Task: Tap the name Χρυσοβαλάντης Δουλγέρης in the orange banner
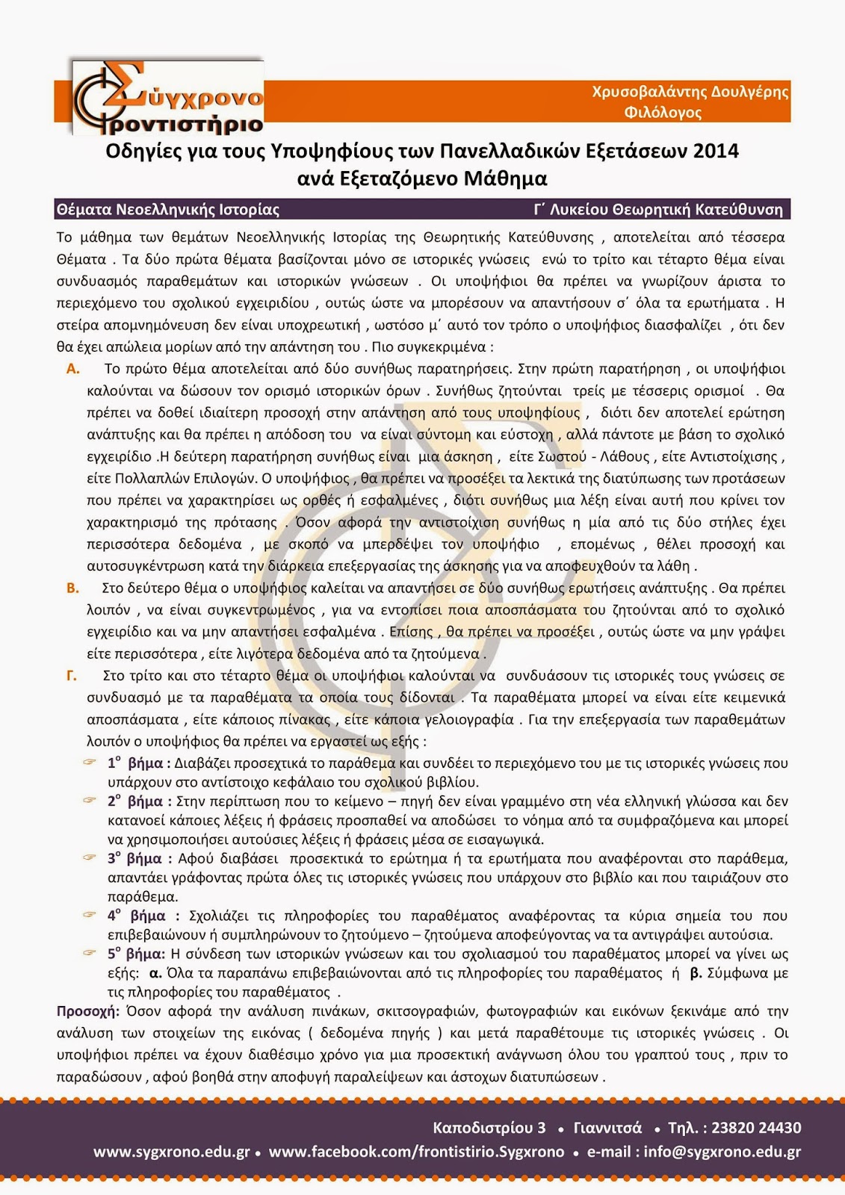[690, 92]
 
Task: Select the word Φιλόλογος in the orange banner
[663, 113]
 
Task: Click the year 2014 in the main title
[716, 152]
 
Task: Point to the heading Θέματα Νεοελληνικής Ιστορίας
[168, 210]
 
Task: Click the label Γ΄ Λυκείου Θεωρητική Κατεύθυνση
[658, 210]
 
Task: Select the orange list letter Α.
[73, 369]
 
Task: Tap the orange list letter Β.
[72, 589]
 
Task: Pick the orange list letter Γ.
[72, 676]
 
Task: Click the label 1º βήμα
[138, 763]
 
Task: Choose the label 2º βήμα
[138, 801]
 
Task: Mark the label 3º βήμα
[139, 859]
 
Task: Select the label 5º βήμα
[135, 954]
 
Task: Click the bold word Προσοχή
[88, 1011]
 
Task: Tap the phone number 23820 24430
[756, 1128]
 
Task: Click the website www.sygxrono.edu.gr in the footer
[171, 1152]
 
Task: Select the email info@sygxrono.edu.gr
[722, 1152]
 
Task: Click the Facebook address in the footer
[416, 1152]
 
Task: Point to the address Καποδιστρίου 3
[489, 1128]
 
